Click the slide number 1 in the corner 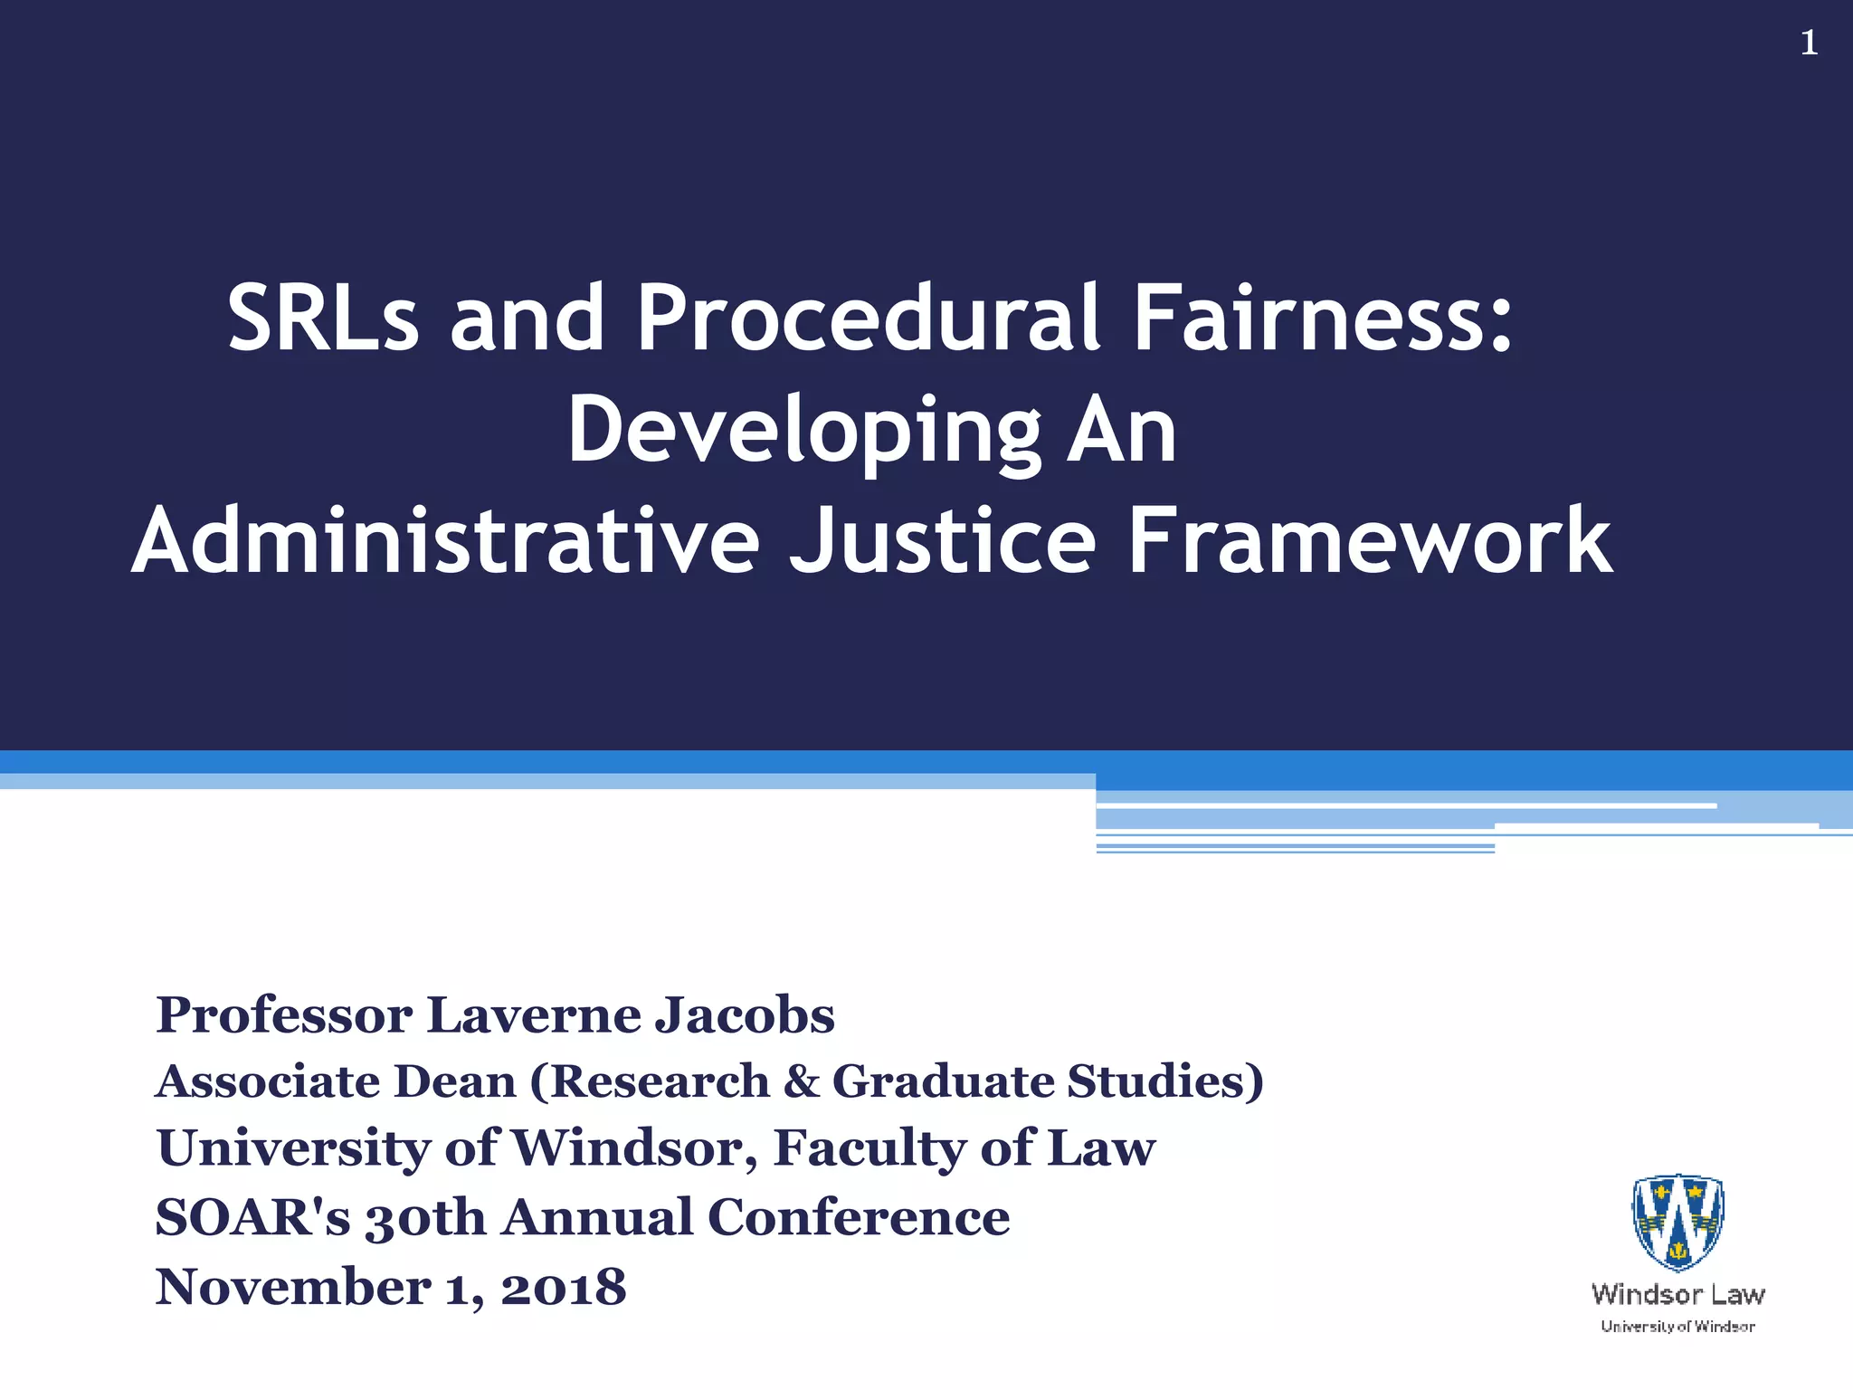(x=1809, y=43)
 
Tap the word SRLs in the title (x=323, y=318)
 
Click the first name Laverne (x=534, y=1015)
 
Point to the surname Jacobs (x=745, y=1015)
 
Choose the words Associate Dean (x=336, y=1081)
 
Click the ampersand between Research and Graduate (x=801, y=1081)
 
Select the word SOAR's (x=252, y=1217)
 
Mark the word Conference (x=859, y=1217)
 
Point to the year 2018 (x=563, y=1287)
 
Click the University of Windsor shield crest (x=1677, y=1222)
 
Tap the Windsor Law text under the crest (x=1677, y=1294)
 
